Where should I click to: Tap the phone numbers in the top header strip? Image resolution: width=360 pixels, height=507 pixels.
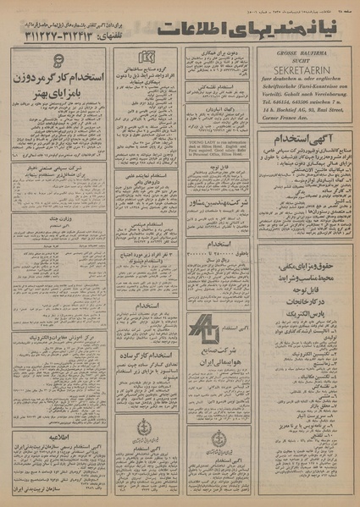click(58, 37)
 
